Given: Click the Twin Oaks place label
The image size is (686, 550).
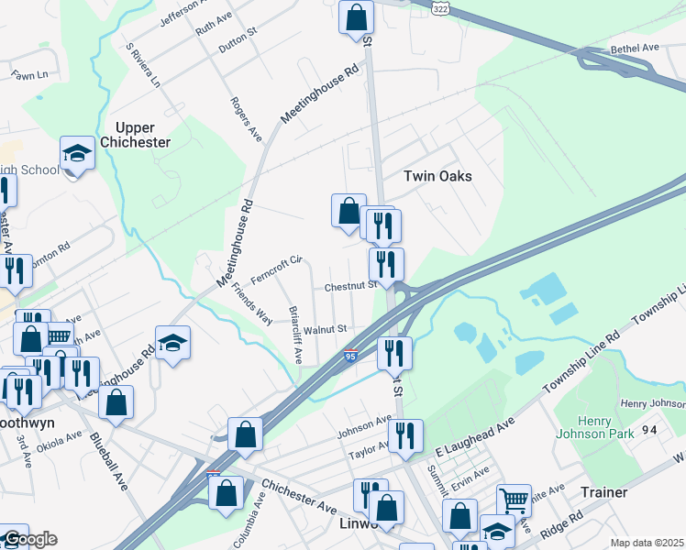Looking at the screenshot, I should pyautogui.click(x=437, y=175).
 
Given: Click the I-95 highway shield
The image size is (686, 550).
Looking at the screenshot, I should pyautogui.click(x=350, y=356).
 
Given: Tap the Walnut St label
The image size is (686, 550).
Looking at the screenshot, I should pyautogui.click(x=326, y=328).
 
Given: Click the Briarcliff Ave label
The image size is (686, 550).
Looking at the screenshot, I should pyautogui.click(x=296, y=335).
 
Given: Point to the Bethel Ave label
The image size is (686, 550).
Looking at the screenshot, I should pyautogui.click(x=635, y=48).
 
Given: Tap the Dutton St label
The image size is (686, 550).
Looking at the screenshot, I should pyautogui.click(x=238, y=42).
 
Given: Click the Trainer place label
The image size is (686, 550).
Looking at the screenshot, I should pyautogui.click(x=604, y=492).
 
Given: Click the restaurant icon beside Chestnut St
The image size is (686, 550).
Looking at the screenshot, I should pyautogui.click(x=386, y=264).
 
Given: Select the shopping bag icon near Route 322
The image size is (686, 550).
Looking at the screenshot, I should pyautogui.click(x=356, y=16).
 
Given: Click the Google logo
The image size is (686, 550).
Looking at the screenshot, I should pyautogui.click(x=29, y=539).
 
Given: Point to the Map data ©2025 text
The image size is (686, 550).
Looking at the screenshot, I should pyautogui.click(x=647, y=543).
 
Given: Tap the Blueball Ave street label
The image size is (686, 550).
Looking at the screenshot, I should pyautogui.click(x=108, y=463).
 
